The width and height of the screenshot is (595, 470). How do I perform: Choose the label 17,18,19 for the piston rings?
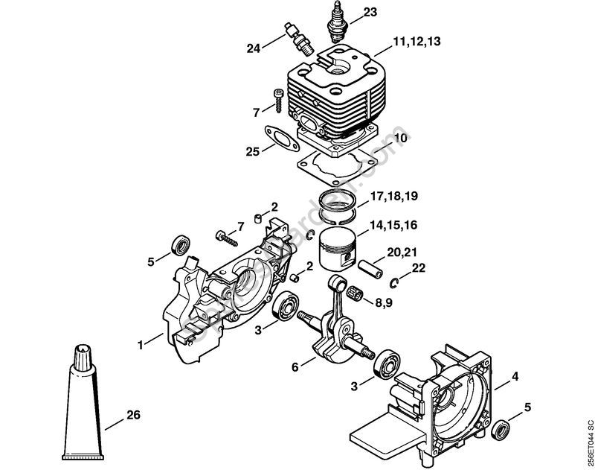393,197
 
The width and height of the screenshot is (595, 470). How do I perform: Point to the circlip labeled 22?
396,282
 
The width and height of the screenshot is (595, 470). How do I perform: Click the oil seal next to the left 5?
180,244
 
